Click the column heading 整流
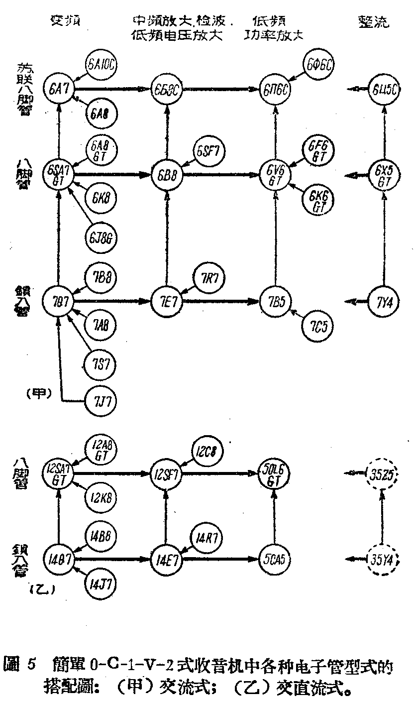[373, 21]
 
